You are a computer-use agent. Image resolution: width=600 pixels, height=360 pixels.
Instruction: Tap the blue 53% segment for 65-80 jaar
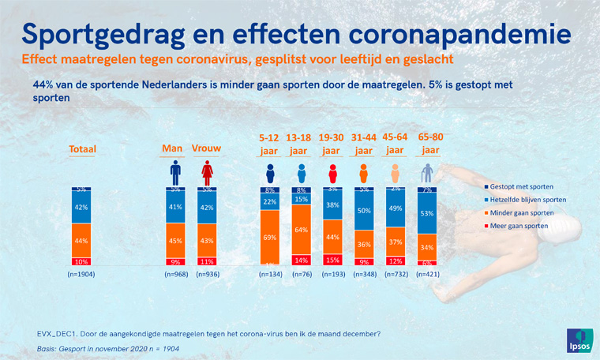426,213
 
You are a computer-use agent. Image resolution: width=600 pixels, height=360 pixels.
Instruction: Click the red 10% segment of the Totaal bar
81,261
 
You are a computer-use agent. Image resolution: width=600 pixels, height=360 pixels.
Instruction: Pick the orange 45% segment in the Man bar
174,241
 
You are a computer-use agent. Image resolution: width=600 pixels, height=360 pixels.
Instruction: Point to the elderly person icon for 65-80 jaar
426,172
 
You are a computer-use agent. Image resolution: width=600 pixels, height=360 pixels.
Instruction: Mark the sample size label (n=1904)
81,275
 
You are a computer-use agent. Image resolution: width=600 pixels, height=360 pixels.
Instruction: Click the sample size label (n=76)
301,275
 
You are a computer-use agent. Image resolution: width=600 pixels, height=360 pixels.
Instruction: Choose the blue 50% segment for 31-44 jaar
364,212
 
